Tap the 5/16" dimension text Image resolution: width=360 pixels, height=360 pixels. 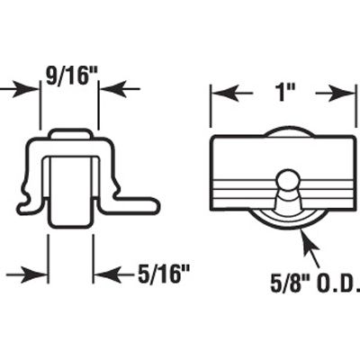pyautogui.click(x=166, y=274)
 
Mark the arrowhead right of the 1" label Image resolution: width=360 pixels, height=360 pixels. pyautogui.click(x=340, y=93)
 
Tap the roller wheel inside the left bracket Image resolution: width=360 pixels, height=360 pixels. pyautogui.click(x=70, y=190)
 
